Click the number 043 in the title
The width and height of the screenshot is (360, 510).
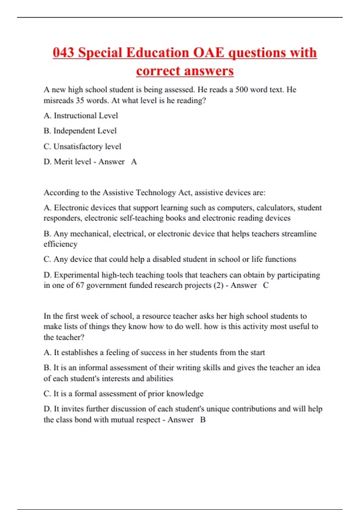pyautogui.click(x=63, y=53)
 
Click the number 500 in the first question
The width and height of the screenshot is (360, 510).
pyautogui.click(x=241, y=90)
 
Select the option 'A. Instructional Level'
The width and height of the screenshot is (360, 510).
pyautogui.click(x=81, y=116)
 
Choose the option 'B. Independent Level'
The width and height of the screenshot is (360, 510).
pyautogui.click(x=80, y=131)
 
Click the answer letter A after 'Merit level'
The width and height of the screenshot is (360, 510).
pyautogui.click(x=134, y=162)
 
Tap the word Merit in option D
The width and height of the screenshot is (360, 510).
pyautogui.click(x=63, y=162)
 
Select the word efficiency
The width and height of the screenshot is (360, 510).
pyautogui.click(x=60, y=244)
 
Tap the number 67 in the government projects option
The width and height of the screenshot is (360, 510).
pyautogui.click(x=80, y=285)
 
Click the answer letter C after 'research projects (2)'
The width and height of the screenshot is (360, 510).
pyautogui.click(x=266, y=285)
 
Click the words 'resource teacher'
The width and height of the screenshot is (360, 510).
pyautogui.click(x=172, y=316)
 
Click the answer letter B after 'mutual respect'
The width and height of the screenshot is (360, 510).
pyautogui.click(x=203, y=420)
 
